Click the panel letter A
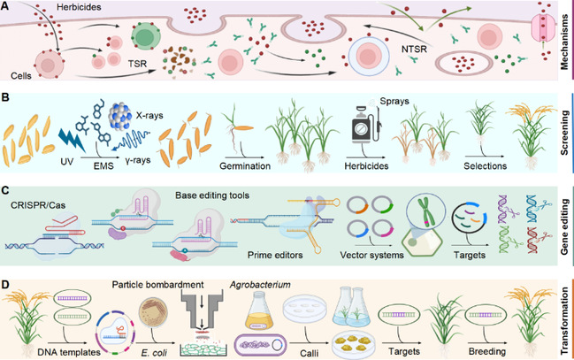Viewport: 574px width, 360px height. [7, 7]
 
